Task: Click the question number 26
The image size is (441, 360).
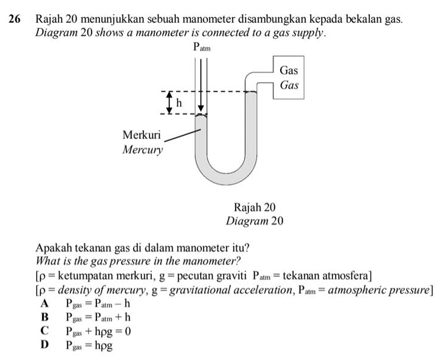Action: coord(14,19)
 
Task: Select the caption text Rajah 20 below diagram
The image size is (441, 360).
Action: coord(254,207)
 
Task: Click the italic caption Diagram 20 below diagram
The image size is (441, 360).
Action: coord(254,221)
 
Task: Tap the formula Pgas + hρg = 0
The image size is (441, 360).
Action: coord(99,332)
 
